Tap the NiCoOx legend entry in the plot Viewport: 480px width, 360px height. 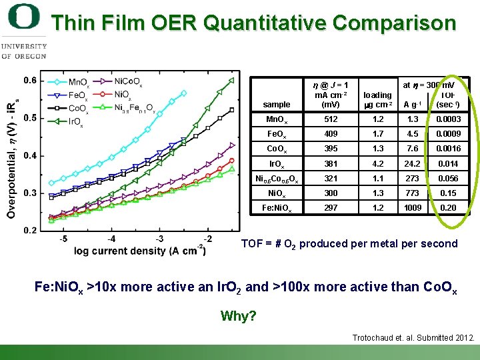tap(127, 82)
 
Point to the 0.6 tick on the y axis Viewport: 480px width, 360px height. tap(29, 81)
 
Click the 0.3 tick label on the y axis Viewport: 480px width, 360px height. tap(29, 193)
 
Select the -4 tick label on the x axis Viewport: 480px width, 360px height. tap(111, 239)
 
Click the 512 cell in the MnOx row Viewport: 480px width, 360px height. tap(331, 119)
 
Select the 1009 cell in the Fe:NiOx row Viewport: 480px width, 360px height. tap(413, 207)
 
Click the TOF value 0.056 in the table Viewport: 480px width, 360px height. tap(448, 178)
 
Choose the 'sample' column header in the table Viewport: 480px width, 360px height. tap(277, 105)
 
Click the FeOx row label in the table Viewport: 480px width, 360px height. tap(277, 134)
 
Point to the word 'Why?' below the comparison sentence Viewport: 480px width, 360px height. tap(238, 316)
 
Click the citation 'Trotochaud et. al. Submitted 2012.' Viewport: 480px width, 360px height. tap(413, 338)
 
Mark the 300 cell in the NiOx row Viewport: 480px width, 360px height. tap(331, 193)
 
